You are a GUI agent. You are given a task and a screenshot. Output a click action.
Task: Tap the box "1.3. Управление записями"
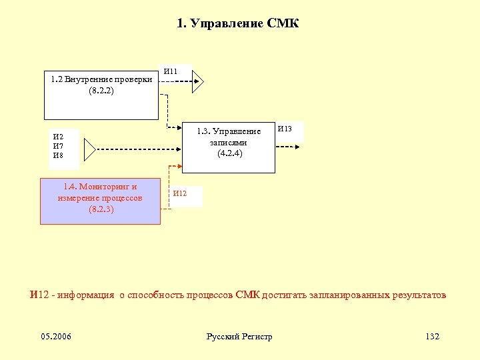[229, 147]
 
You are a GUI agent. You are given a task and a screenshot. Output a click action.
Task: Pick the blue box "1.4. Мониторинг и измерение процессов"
[101, 201]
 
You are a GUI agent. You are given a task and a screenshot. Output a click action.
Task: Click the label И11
[171, 71]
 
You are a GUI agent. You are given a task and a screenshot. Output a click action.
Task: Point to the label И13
[285, 128]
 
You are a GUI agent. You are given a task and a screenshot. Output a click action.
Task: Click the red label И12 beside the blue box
[180, 193]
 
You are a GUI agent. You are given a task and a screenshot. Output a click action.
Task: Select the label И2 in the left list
[58, 137]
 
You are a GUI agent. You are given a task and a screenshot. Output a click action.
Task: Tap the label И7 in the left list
[58, 146]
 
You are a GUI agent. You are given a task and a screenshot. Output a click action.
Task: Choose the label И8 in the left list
[58, 155]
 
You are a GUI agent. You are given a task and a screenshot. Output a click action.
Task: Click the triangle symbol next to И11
[197, 82]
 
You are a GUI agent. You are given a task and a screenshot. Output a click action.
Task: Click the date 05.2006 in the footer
[56, 337]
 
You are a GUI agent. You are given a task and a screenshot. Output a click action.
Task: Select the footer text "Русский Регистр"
[239, 337]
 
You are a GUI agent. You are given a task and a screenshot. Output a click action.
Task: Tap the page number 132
[432, 337]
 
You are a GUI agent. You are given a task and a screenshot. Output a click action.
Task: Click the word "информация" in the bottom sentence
[86, 295]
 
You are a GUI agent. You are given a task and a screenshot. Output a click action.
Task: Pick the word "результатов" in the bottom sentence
[419, 295]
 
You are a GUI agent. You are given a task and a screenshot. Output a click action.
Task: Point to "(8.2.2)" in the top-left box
[101, 91]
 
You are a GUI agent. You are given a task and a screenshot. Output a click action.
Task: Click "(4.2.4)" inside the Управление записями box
[229, 153]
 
